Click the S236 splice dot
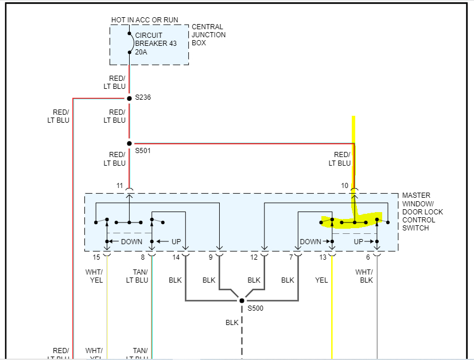[129, 98]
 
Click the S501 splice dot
[129, 143]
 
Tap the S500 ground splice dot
[242, 300]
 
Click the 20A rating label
[141, 52]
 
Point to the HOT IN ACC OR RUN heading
[145, 20]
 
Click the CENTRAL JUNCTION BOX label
[208, 34]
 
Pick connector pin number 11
[119, 186]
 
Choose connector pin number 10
[344, 186]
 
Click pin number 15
[96, 258]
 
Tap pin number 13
[323, 258]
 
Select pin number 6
[368, 258]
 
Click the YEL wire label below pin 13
[321, 280]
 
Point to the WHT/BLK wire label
[364, 276]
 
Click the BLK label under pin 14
[175, 280]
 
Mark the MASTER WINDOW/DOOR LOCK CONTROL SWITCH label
[422, 212]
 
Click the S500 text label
[257, 309]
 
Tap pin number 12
[254, 258]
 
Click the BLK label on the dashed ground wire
[232, 323]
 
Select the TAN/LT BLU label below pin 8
[137, 276]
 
